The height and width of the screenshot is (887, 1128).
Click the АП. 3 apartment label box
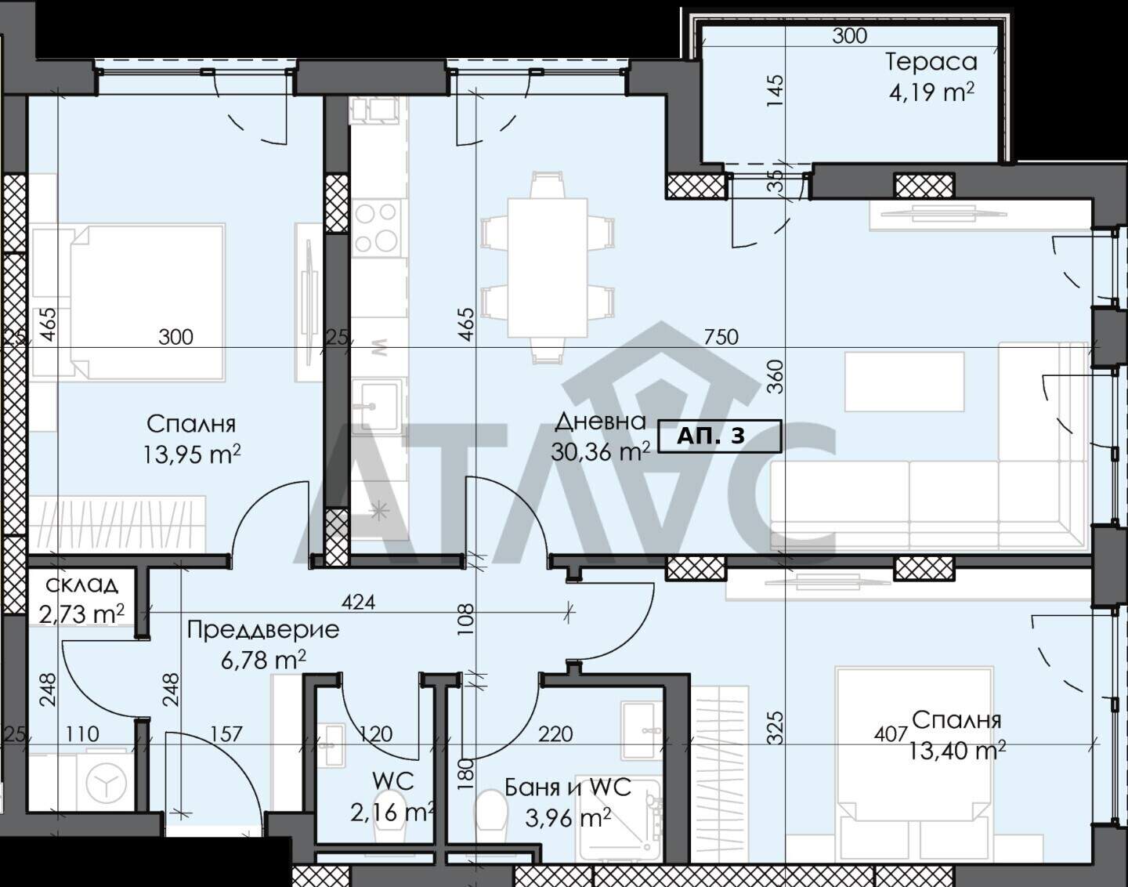(x=719, y=436)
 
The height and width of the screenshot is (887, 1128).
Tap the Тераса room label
(x=931, y=63)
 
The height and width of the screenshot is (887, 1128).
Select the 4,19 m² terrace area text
(x=931, y=93)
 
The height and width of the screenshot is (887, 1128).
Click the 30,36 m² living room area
(x=601, y=450)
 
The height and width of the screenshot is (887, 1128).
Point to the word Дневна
(x=600, y=421)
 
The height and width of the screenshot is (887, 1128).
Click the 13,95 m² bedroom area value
(x=192, y=454)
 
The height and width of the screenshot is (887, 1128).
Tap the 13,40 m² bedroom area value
(x=957, y=750)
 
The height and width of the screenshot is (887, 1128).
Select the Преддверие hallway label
(x=263, y=630)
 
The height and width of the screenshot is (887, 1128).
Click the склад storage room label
(x=81, y=585)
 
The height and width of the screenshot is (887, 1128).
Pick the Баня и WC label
(x=568, y=787)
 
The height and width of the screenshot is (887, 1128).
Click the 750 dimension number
(x=721, y=337)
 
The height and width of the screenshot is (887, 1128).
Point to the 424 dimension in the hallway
(x=359, y=603)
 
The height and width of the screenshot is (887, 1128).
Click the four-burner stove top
(x=376, y=228)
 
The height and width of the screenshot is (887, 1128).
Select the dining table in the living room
(x=548, y=268)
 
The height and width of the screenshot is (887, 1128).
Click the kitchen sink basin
(x=374, y=406)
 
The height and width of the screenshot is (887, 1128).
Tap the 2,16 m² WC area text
(x=392, y=813)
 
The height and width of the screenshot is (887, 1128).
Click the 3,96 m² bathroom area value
(x=568, y=818)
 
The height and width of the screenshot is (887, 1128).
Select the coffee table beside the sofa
(x=904, y=382)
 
